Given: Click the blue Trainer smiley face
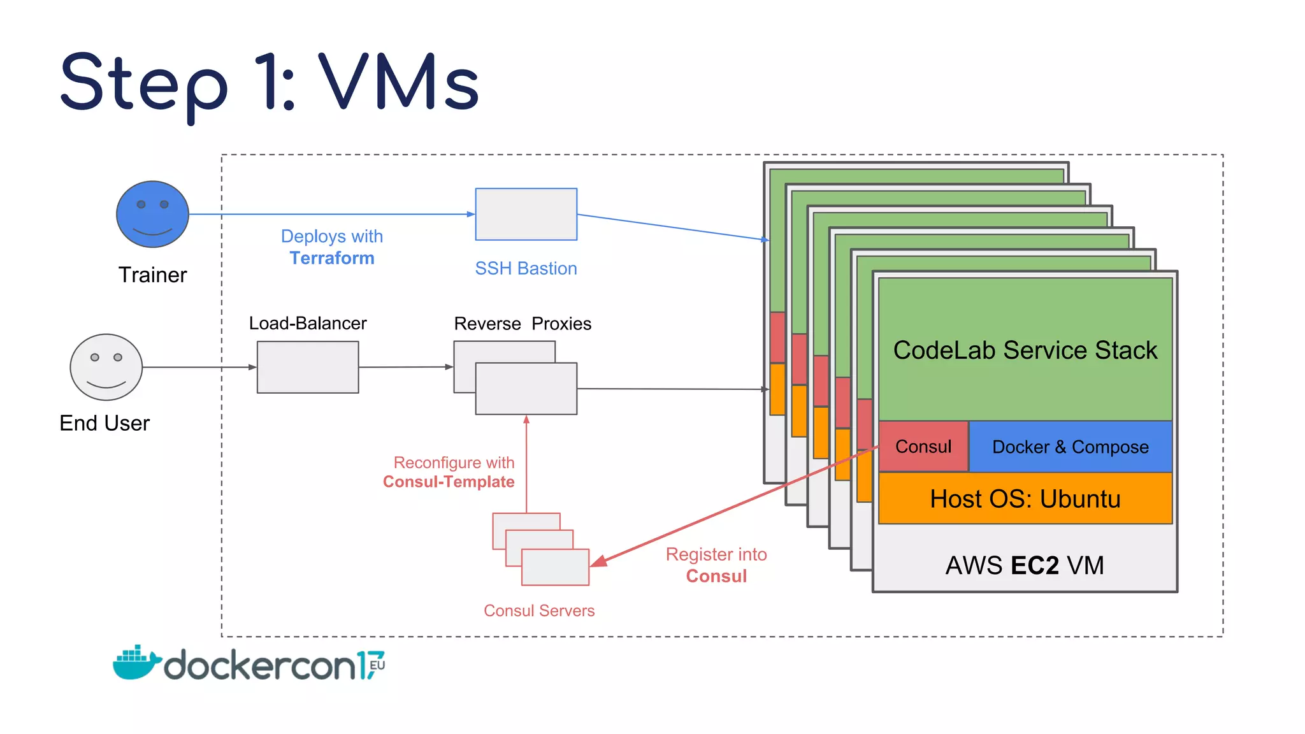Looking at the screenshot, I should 152,214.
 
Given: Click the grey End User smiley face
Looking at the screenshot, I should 106,367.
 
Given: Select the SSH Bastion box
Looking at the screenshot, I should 526,214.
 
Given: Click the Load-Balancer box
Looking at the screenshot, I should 308,367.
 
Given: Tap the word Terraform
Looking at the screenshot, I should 332,258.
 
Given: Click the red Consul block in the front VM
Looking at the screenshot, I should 923,447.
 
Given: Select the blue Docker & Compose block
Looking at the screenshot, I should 1070,447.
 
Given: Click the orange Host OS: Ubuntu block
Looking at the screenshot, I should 1025,498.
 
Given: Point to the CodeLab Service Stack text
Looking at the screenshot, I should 1025,350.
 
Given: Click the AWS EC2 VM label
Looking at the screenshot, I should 1025,565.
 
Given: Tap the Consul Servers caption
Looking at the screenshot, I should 539,610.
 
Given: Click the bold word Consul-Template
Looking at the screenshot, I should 449,482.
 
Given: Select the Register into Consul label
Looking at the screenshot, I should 716,565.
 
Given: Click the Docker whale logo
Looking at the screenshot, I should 135,663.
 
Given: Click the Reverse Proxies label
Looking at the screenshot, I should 523,324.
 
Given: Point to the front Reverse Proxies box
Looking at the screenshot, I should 526,389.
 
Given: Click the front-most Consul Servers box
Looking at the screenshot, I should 554,568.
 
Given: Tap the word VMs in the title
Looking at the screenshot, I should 399,83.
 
